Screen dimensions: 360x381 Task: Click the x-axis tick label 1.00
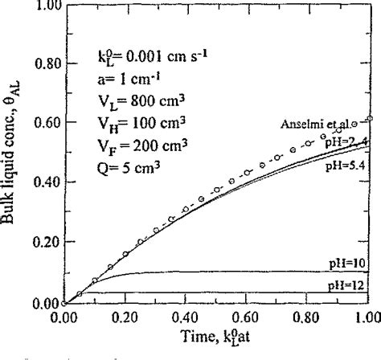[x=367, y=318]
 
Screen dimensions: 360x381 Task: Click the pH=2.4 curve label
[x=350, y=141]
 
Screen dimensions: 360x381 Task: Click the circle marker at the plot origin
[x=63, y=304]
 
